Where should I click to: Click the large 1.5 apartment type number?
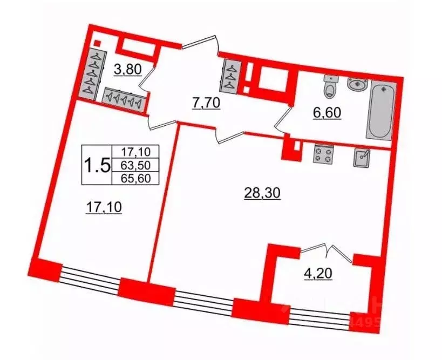(97, 163)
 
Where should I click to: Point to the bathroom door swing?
(284, 120)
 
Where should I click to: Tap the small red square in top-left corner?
(97, 44)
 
